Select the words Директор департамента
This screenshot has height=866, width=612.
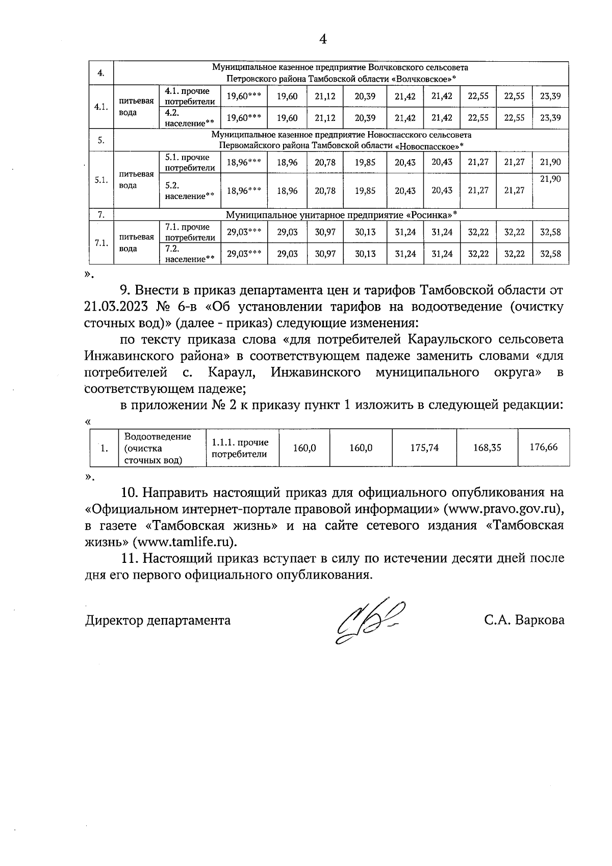(158, 620)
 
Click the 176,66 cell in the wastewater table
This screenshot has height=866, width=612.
(544, 447)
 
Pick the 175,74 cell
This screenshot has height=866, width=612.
(424, 448)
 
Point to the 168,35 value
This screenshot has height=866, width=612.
(487, 448)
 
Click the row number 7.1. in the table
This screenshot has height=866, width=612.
(101, 242)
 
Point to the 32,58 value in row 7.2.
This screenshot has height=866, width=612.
(550, 254)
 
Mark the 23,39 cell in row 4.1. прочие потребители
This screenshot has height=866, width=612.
(550, 96)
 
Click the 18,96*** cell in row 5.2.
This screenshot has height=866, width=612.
(244, 190)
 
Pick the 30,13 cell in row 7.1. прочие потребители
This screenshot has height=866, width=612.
(365, 232)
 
